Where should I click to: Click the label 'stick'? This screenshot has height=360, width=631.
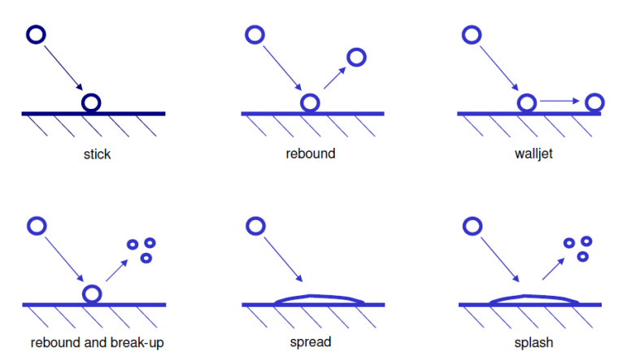pyautogui.click(x=97, y=154)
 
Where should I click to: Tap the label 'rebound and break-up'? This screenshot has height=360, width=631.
pyautogui.click(x=98, y=342)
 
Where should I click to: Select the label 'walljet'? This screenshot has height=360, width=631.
pyautogui.click(x=533, y=154)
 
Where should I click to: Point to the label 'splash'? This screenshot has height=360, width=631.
pyautogui.click(x=534, y=342)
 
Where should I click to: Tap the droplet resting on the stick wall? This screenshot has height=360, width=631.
pyautogui.click(x=92, y=102)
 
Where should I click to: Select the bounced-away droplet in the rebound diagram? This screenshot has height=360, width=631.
pyautogui.click(x=356, y=57)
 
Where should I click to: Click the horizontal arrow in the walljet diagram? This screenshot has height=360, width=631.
pyautogui.click(x=559, y=101)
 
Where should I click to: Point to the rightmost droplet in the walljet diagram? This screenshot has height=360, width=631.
pyautogui.click(x=595, y=102)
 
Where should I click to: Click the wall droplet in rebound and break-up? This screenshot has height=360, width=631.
pyautogui.click(x=94, y=293)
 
